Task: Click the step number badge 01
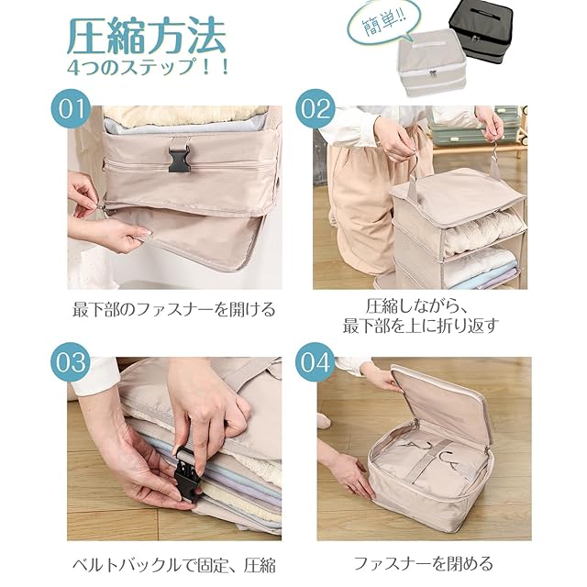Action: click(70, 108)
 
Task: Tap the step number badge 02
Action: click(316, 108)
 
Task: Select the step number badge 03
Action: click(71, 361)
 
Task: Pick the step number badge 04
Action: click(316, 361)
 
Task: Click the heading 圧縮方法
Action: click(147, 37)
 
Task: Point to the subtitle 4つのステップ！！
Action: click(148, 68)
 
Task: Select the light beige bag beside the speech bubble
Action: click(432, 63)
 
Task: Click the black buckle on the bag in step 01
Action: click(180, 159)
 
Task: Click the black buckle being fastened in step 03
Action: click(188, 472)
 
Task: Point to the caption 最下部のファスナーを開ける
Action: click(174, 310)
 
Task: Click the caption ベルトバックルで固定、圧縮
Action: click(174, 565)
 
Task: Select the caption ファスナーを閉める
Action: click(424, 563)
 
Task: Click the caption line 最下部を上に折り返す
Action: click(421, 326)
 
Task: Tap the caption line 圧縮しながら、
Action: click(415, 306)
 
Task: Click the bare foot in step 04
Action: click(324, 421)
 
